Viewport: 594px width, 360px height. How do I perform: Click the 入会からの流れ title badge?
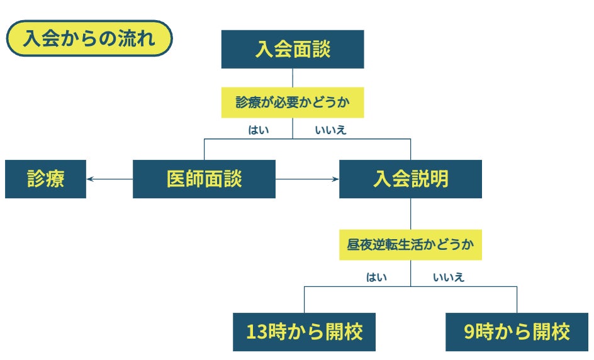[x=89, y=39]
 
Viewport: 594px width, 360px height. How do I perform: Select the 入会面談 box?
[x=292, y=49]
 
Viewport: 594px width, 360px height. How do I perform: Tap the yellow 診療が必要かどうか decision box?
[x=292, y=102]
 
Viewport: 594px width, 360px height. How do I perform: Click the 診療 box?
[x=45, y=179]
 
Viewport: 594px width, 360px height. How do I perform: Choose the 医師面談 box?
[x=204, y=179]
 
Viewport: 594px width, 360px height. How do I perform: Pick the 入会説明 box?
[x=410, y=179]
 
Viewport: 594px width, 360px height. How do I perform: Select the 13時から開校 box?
[x=304, y=332]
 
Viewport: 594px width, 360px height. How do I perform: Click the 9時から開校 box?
[x=517, y=332]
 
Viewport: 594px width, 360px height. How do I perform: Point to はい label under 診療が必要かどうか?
[x=259, y=131]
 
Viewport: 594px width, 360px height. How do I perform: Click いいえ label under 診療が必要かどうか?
[x=330, y=131]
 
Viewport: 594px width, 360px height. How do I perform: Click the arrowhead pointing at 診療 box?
[x=90, y=179]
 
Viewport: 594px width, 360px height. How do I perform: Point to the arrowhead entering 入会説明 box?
[x=335, y=179]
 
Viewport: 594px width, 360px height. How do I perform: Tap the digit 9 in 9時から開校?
[x=469, y=332]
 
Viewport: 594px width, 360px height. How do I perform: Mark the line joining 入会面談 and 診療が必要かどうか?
[x=293, y=77]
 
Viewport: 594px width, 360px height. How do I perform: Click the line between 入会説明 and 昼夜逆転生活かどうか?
[x=410, y=213]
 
